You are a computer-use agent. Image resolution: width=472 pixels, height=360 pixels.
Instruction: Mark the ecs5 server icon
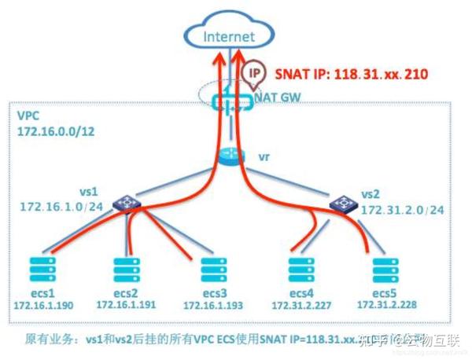(383, 265)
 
